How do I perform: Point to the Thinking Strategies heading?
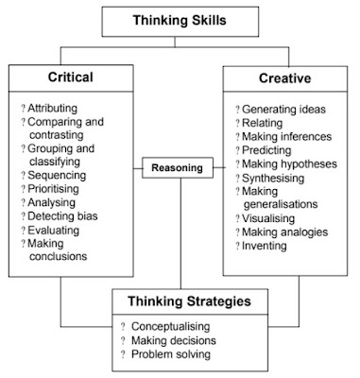tap(181, 304)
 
